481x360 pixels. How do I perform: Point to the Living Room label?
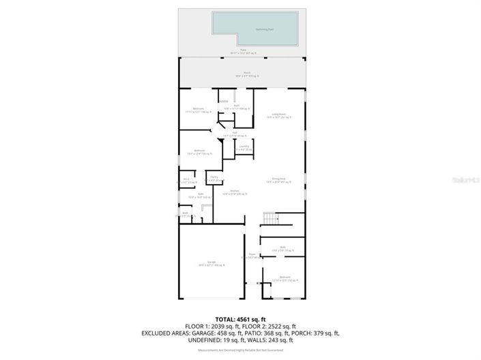[278, 115]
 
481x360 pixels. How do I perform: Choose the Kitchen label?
[234, 192]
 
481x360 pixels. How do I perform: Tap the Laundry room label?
[244, 147]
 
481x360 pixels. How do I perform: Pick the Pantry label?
[214, 179]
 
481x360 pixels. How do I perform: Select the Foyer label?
[252, 254]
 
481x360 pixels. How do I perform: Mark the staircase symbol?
[272, 219]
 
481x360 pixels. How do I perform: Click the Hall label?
[235, 134]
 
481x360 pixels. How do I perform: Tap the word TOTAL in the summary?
[227, 319]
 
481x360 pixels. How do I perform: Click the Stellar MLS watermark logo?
[465, 179]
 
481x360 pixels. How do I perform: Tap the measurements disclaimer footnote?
[240, 350]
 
